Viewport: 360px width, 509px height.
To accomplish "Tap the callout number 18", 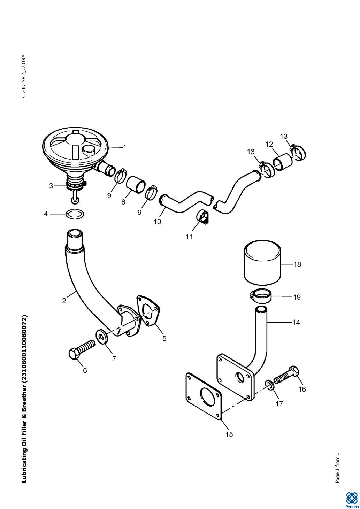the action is [297, 264].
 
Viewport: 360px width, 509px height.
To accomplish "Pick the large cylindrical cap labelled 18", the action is [262, 264].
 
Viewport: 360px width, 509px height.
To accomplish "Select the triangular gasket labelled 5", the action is [149, 311].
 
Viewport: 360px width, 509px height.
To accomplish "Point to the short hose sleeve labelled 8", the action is [136, 184].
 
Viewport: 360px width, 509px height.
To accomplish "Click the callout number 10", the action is [157, 221].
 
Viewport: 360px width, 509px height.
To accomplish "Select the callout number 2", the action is [64, 301].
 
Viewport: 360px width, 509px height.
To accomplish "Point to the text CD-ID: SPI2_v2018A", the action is [24, 76].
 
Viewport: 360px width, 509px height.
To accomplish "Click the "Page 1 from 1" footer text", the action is [337, 468].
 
